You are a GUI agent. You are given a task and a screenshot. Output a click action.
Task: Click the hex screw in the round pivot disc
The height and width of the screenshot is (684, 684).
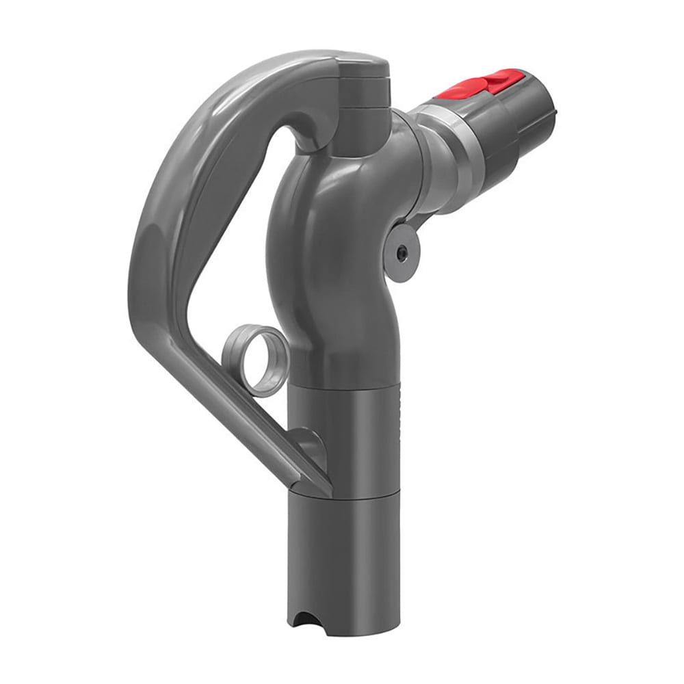click(402, 252)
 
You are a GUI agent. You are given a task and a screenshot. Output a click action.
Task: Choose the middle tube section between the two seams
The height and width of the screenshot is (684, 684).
click(342, 438)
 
